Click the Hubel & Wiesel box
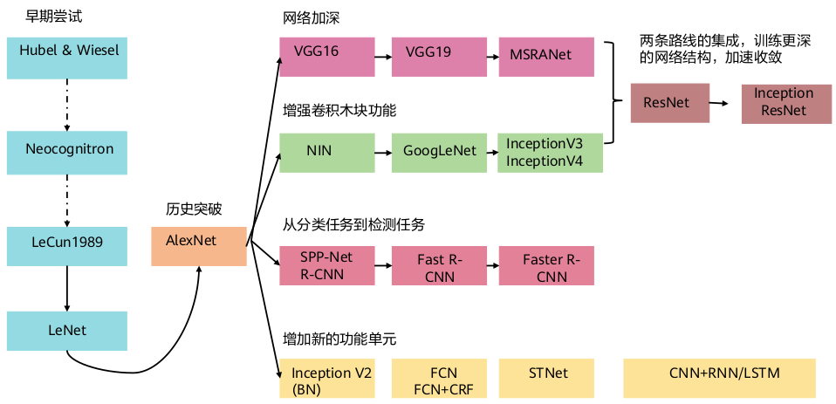pyautogui.click(x=67, y=58)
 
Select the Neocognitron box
pyautogui.click(x=67, y=153)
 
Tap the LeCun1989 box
pyautogui.click(x=67, y=246)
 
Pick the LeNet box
pyautogui.click(x=67, y=331)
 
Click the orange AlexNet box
pyautogui.click(x=199, y=246)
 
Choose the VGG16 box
pyautogui.click(x=327, y=57)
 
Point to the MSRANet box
pyautogui.click(x=546, y=57)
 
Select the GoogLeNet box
pyautogui.click(x=439, y=153)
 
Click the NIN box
pyautogui.click(x=327, y=153)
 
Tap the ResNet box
pyautogui.click(x=670, y=103)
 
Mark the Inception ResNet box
pyautogui.click(x=786, y=103)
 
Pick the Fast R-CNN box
pyautogui.click(x=439, y=265)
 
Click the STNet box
pyautogui.click(x=546, y=379)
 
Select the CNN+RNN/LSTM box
pyautogui.click(x=720, y=379)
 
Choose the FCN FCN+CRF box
pyautogui.click(x=439, y=379)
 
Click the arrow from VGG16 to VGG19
pyautogui.click(x=383, y=57)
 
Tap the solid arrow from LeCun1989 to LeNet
pyautogui.click(x=67, y=288)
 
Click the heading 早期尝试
pyautogui.click(x=54, y=17)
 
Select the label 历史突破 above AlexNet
pyautogui.click(x=194, y=209)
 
